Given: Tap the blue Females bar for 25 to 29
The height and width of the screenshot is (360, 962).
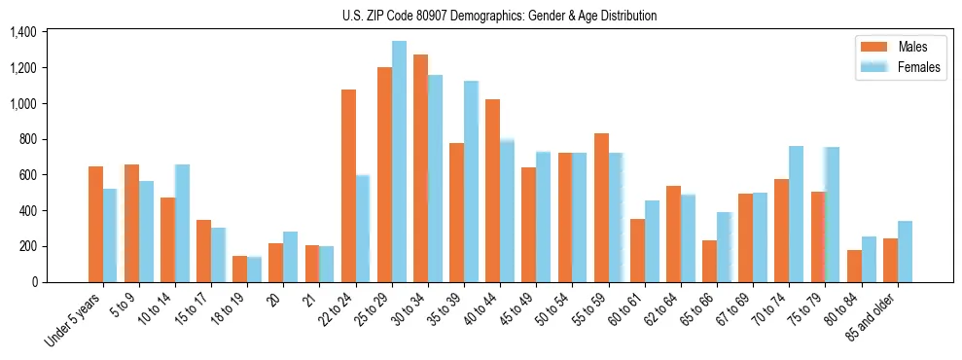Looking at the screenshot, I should [399, 162].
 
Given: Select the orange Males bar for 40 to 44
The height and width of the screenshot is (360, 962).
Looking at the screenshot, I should [492, 191].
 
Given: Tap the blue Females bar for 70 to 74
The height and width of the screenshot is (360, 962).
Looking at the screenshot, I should [796, 214].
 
